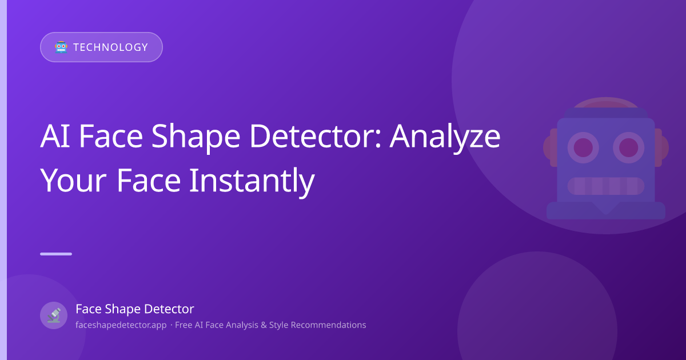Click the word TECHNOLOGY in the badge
coord(110,47)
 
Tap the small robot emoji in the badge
coord(61,47)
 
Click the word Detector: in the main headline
coord(316,136)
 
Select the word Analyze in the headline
coord(445,138)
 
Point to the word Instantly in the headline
coord(252,181)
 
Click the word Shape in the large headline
coord(196,138)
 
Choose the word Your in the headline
coord(74,181)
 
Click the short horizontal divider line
coord(56,254)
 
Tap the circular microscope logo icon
coord(54,315)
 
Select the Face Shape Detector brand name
coord(135,309)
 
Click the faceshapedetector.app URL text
coord(121,325)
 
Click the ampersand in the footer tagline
coord(264,325)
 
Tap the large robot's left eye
coord(583,147)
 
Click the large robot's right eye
coord(628,147)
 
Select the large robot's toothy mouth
coord(606,186)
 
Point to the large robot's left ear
coord(551,147)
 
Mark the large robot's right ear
coord(662,147)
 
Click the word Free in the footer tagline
coord(184,325)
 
